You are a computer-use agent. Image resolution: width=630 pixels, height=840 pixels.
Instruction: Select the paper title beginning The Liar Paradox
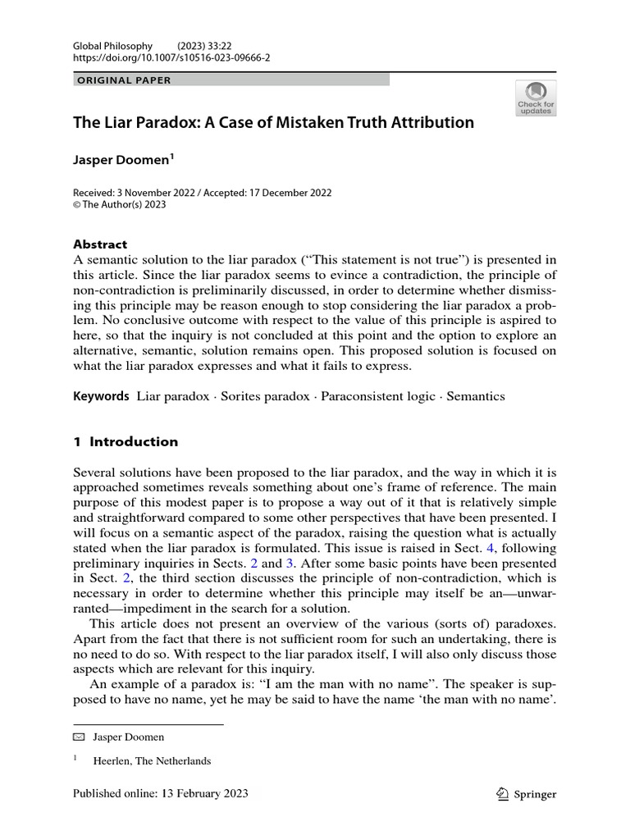click(274, 122)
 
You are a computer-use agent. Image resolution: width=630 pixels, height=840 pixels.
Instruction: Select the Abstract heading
click(100, 244)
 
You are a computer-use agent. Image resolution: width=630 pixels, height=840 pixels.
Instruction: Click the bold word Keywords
click(101, 396)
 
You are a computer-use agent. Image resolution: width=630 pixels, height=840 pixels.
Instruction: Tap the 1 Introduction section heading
click(126, 441)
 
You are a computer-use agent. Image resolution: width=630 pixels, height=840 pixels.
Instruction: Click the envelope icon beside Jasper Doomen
click(80, 737)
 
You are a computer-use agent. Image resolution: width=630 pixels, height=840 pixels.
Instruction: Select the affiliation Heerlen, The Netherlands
click(152, 760)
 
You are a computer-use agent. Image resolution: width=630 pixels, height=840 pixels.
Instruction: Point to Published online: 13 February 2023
click(161, 793)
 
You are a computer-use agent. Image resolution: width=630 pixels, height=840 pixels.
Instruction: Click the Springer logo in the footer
click(527, 793)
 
